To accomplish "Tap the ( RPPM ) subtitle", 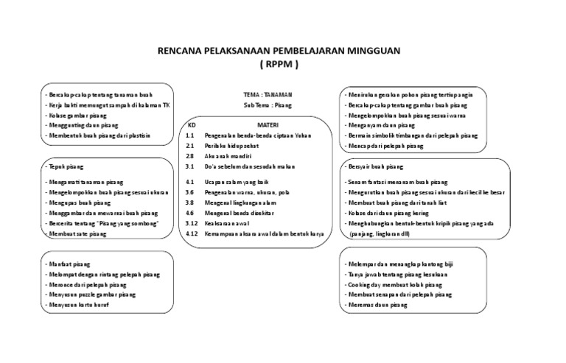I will [280, 65].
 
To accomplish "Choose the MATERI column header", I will [268, 125].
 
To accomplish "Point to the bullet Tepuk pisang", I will [64, 167].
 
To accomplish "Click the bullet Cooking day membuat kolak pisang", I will [396, 283].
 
